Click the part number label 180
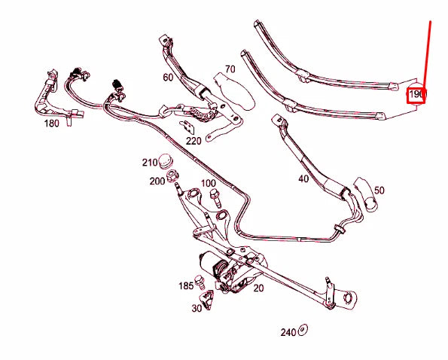pos(52,123)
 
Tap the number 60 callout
pos(167,77)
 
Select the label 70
pos(230,69)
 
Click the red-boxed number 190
pos(416,95)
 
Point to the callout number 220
pos(194,140)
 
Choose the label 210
pos(149,163)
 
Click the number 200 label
pos(157,181)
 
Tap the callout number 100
pos(209,183)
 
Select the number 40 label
pos(303,179)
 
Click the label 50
pos(379,191)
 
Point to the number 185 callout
pos(186,285)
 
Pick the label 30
pos(197,308)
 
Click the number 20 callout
pos(258,288)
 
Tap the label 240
pos(288,332)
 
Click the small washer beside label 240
pos(303,329)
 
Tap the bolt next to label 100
pos(215,197)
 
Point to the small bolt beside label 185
pos(200,282)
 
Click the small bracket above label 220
pos(185,124)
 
